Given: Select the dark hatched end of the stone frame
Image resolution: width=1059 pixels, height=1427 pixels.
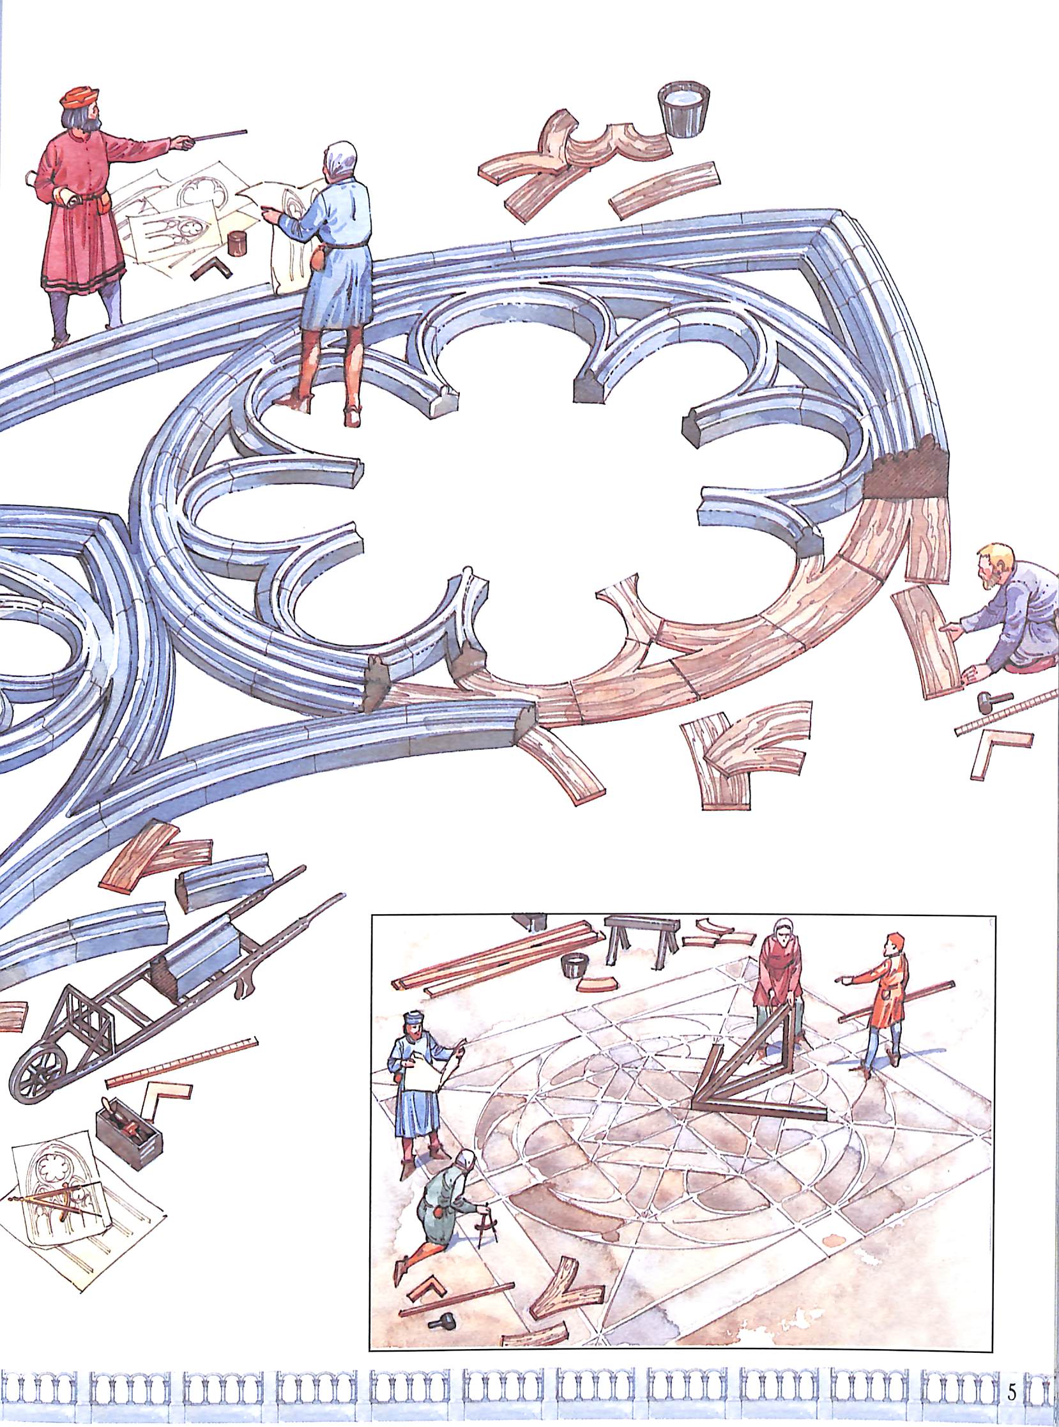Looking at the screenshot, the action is click(x=906, y=475).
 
